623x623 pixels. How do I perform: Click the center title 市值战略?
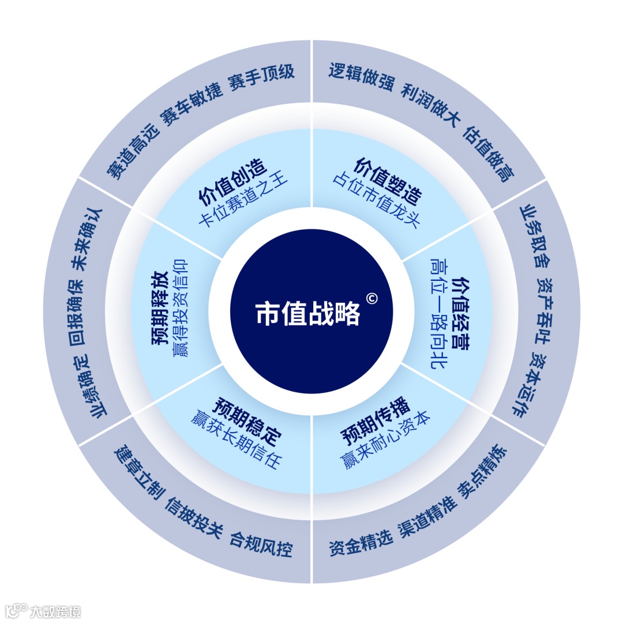tap(308, 314)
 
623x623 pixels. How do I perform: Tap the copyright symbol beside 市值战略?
tap(371, 298)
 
